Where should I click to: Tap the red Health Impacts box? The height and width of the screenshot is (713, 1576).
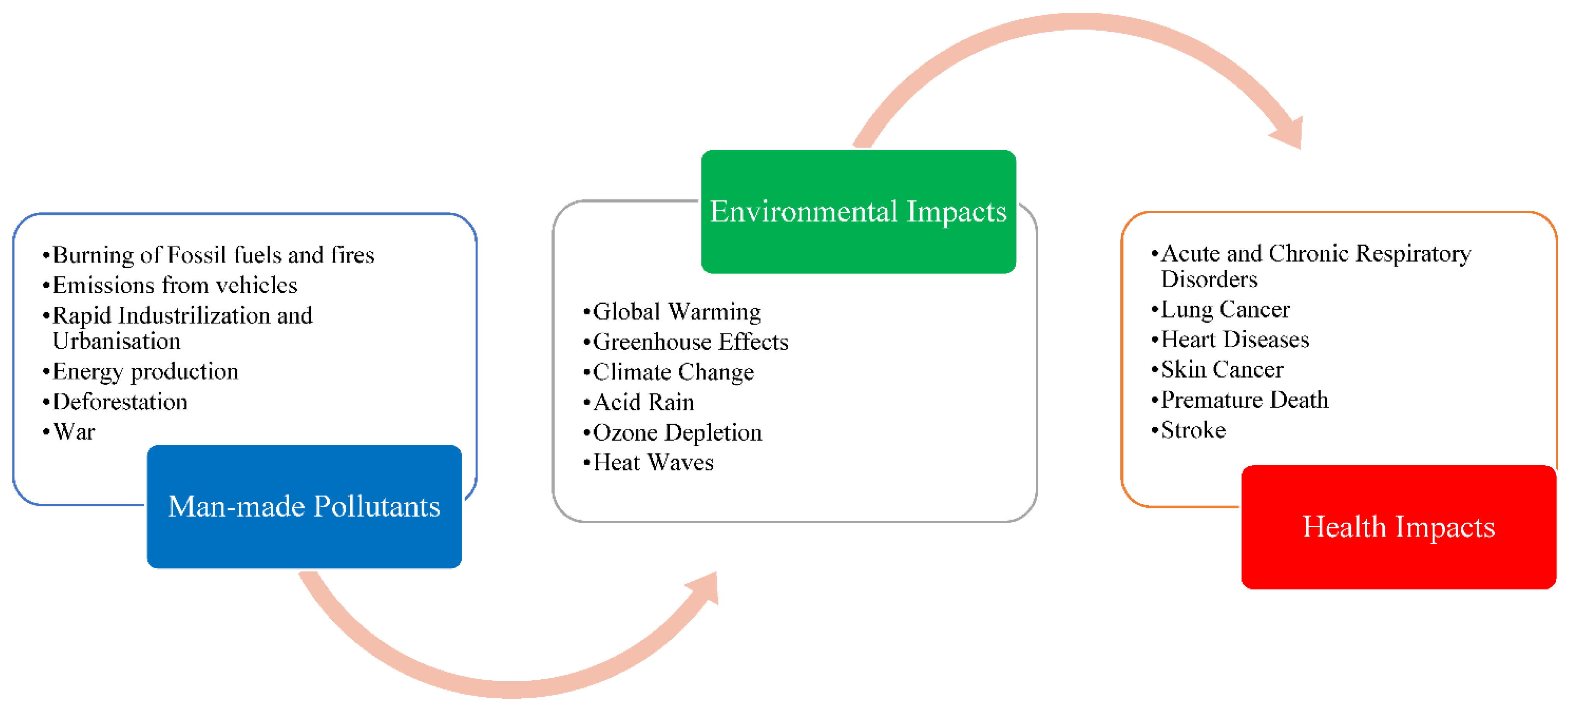(1399, 526)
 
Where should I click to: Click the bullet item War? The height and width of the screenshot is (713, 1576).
(74, 431)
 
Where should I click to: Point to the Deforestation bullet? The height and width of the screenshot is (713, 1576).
(120, 402)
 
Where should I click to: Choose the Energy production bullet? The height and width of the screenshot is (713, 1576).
(145, 371)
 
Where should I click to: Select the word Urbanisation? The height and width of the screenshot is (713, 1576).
(116, 341)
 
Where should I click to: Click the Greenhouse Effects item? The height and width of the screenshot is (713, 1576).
(690, 342)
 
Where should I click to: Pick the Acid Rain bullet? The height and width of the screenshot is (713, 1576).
(644, 402)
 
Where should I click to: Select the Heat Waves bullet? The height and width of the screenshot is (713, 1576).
(653, 462)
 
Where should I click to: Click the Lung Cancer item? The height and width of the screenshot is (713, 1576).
(1225, 309)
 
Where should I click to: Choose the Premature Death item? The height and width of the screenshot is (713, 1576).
(1244, 400)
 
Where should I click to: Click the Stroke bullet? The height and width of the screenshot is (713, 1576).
(1193, 430)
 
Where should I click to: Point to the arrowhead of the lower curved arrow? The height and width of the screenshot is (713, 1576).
(705, 588)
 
